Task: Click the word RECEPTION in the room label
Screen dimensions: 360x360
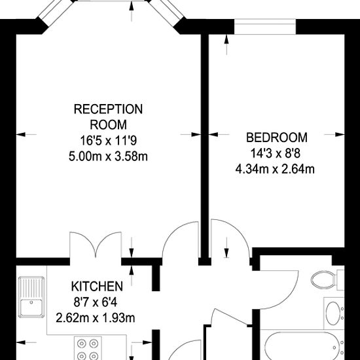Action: pos(108,109)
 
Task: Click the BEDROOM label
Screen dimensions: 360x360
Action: pos(276,137)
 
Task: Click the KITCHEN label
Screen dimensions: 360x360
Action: pos(96,286)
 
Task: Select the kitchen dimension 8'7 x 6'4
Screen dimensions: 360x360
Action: pos(96,302)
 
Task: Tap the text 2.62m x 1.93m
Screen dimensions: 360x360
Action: pos(96,318)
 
